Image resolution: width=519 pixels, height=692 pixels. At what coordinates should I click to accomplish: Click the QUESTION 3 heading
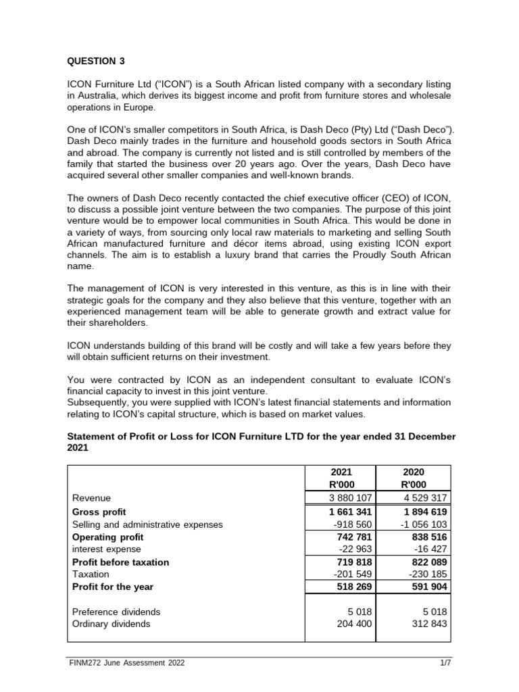[95, 61]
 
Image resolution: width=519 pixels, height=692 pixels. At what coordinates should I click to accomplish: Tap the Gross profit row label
[99, 512]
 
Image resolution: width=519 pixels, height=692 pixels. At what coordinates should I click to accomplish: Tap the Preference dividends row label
[116, 612]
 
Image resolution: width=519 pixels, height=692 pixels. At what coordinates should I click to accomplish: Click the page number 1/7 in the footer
[445, 663]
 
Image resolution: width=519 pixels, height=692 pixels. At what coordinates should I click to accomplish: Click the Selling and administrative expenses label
[147, 524]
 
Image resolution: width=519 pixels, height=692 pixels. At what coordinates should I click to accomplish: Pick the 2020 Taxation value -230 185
[423, 574]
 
